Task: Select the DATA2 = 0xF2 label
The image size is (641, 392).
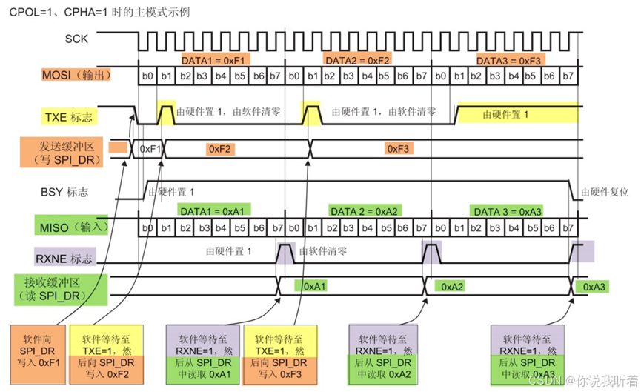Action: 358,60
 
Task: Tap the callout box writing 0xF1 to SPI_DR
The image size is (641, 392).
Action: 38,351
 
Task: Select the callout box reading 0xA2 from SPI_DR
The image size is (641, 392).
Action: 382,351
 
